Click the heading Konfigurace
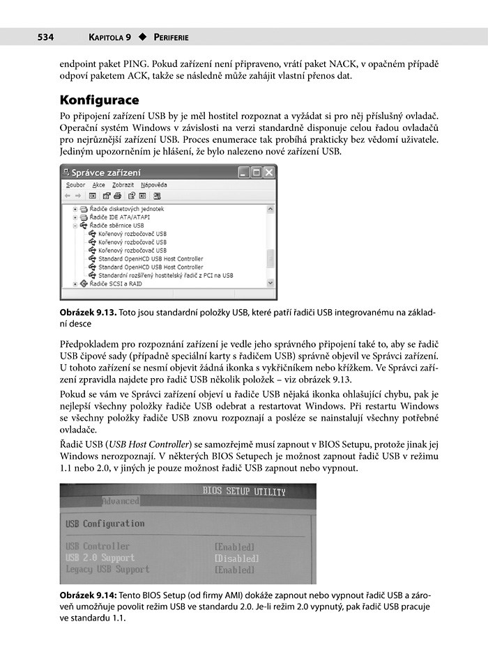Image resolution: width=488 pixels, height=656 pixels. (100, 100)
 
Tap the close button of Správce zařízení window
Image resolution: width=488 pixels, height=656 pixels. (269, 172)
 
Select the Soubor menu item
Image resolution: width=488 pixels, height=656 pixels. (75, 185)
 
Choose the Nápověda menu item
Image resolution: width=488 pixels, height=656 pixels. (153, 185)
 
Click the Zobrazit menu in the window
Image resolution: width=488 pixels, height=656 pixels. (123, 185)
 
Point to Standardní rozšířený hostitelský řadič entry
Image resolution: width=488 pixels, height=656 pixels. (165, 275)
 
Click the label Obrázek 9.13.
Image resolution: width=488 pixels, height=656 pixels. (89, 313)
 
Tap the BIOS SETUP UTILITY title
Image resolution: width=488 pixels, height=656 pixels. (244, 492)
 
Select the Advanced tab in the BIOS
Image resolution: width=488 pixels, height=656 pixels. (121, 501)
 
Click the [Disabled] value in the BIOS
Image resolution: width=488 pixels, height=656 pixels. (236, 559)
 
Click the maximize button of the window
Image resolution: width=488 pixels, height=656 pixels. (256, 172)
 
